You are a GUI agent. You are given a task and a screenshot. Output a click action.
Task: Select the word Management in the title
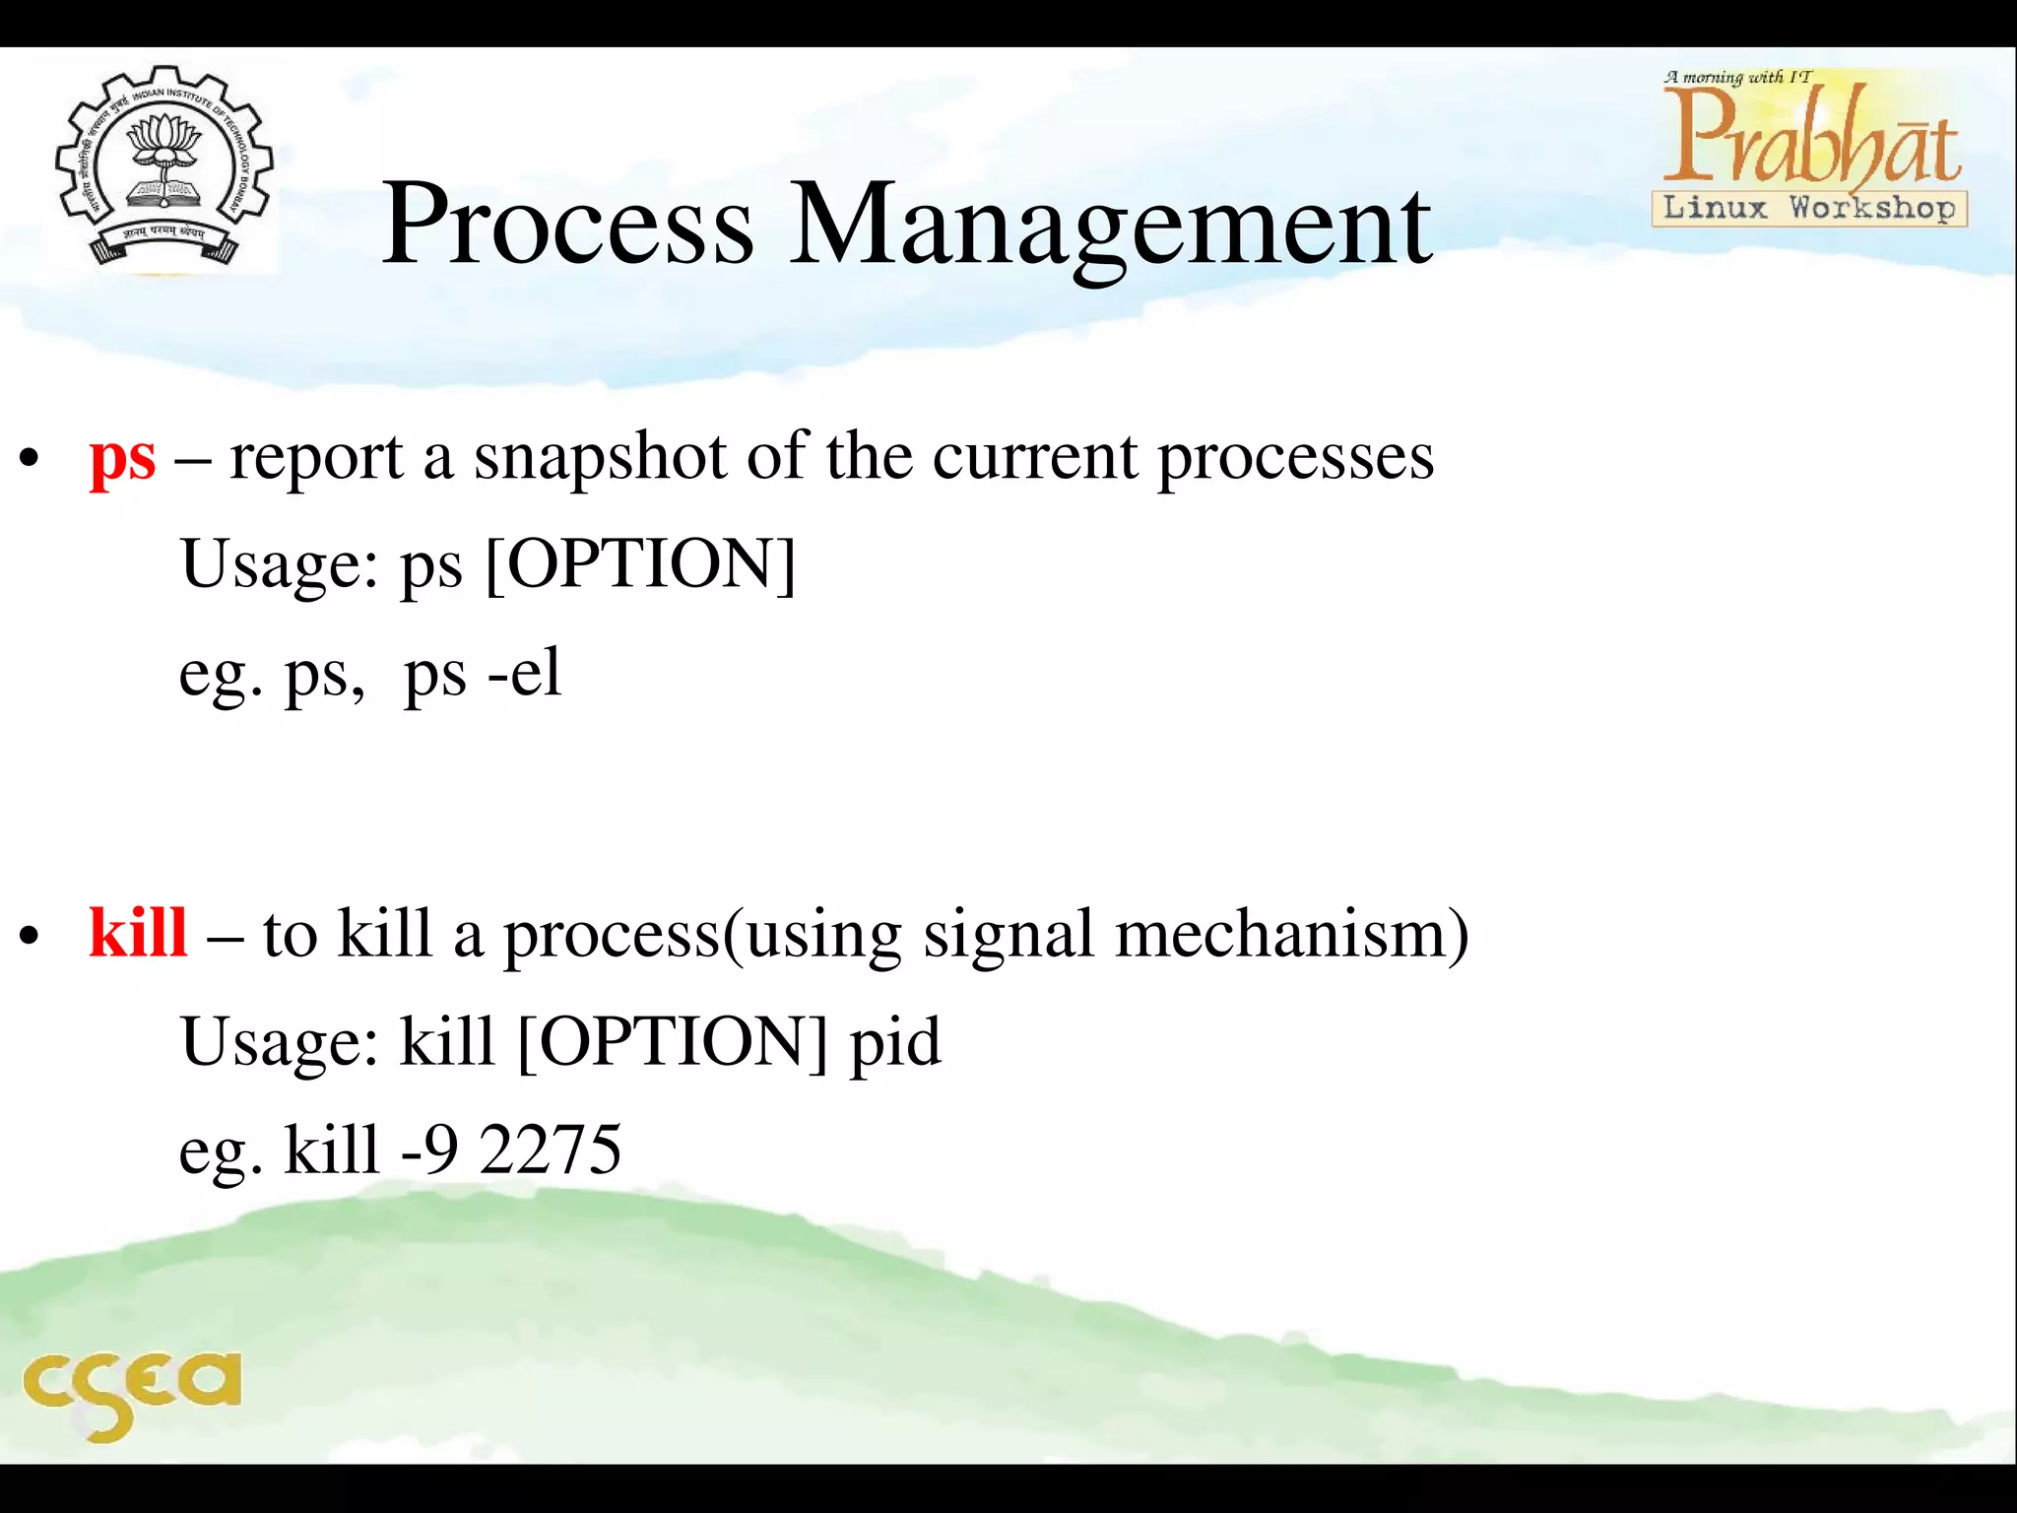pos(1110,227)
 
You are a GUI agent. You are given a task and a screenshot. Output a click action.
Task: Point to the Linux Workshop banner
pos(1809,208)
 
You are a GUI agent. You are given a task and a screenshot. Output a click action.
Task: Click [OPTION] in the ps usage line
pos(640,564)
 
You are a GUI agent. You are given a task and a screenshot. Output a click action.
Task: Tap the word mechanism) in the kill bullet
pos(1291,934)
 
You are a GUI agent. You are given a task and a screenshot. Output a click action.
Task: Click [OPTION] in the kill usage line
pos(672,1041)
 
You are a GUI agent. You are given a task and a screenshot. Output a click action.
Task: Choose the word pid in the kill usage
pos(894,1043)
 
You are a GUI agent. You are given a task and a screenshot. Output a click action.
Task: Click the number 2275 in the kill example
pos(551,1150)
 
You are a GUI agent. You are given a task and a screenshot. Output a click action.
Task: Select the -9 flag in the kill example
pos(428,1150)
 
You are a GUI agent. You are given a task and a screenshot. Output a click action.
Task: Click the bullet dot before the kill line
pos(30,937)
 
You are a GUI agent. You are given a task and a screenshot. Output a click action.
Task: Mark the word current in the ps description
pos(1034,458)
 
